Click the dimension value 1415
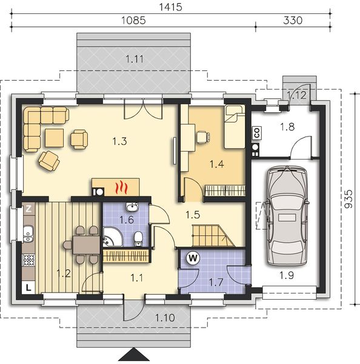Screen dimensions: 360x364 [x=170, y=7]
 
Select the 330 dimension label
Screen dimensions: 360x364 [x=293, y=21]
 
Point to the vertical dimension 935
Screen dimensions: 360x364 [x=348, y=199]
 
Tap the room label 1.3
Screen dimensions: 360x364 [x=119, y=141]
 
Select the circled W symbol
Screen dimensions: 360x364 [x=193, y=258]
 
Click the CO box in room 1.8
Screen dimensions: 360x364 [x=257, y=133]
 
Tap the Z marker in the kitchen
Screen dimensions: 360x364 [x=28, y=209]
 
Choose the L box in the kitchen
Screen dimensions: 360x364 [x=28, y=288]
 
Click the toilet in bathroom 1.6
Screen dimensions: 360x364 [x=138, y=238]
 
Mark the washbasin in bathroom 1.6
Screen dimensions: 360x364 [x=132, y=207]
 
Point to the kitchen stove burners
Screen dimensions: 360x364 [x=28, y=260]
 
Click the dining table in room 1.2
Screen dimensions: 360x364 [x=86, y=244]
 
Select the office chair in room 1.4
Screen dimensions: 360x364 [x=203, y=136]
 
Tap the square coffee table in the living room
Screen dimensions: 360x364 [x=55, y=138]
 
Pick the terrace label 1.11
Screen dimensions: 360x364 [x=135, y=59]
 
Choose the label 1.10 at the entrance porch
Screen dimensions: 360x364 [x=165, y=318]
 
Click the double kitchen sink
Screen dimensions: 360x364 [x=28, y=234]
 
